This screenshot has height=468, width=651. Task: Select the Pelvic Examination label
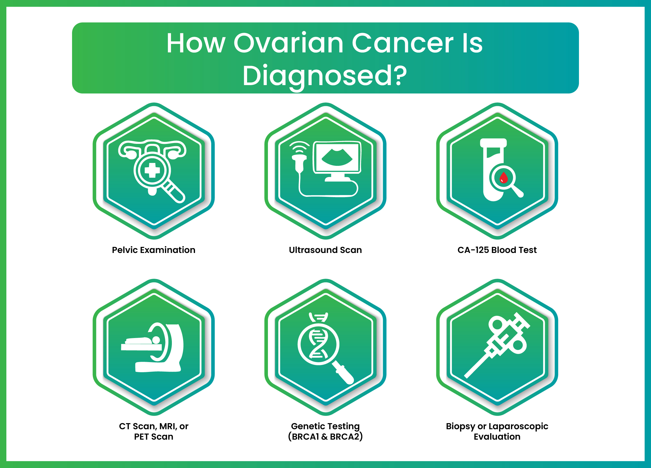coord(153,250)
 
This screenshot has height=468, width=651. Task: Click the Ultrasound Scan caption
coord(325,250)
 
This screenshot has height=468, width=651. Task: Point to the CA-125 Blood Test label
coord(497,250)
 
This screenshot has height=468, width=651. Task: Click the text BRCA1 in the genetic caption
coord(305,436)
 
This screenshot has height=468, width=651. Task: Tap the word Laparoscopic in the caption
coord(518,426)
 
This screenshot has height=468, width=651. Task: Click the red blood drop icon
coord(504,177)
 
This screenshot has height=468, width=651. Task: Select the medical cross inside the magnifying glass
coord(152,170)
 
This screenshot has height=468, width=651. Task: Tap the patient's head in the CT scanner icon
coord(156,340)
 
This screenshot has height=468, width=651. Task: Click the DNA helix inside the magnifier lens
coord(318,344)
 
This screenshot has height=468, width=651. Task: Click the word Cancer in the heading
coord(402,43)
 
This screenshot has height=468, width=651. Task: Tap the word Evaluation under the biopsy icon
coord(497,436)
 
